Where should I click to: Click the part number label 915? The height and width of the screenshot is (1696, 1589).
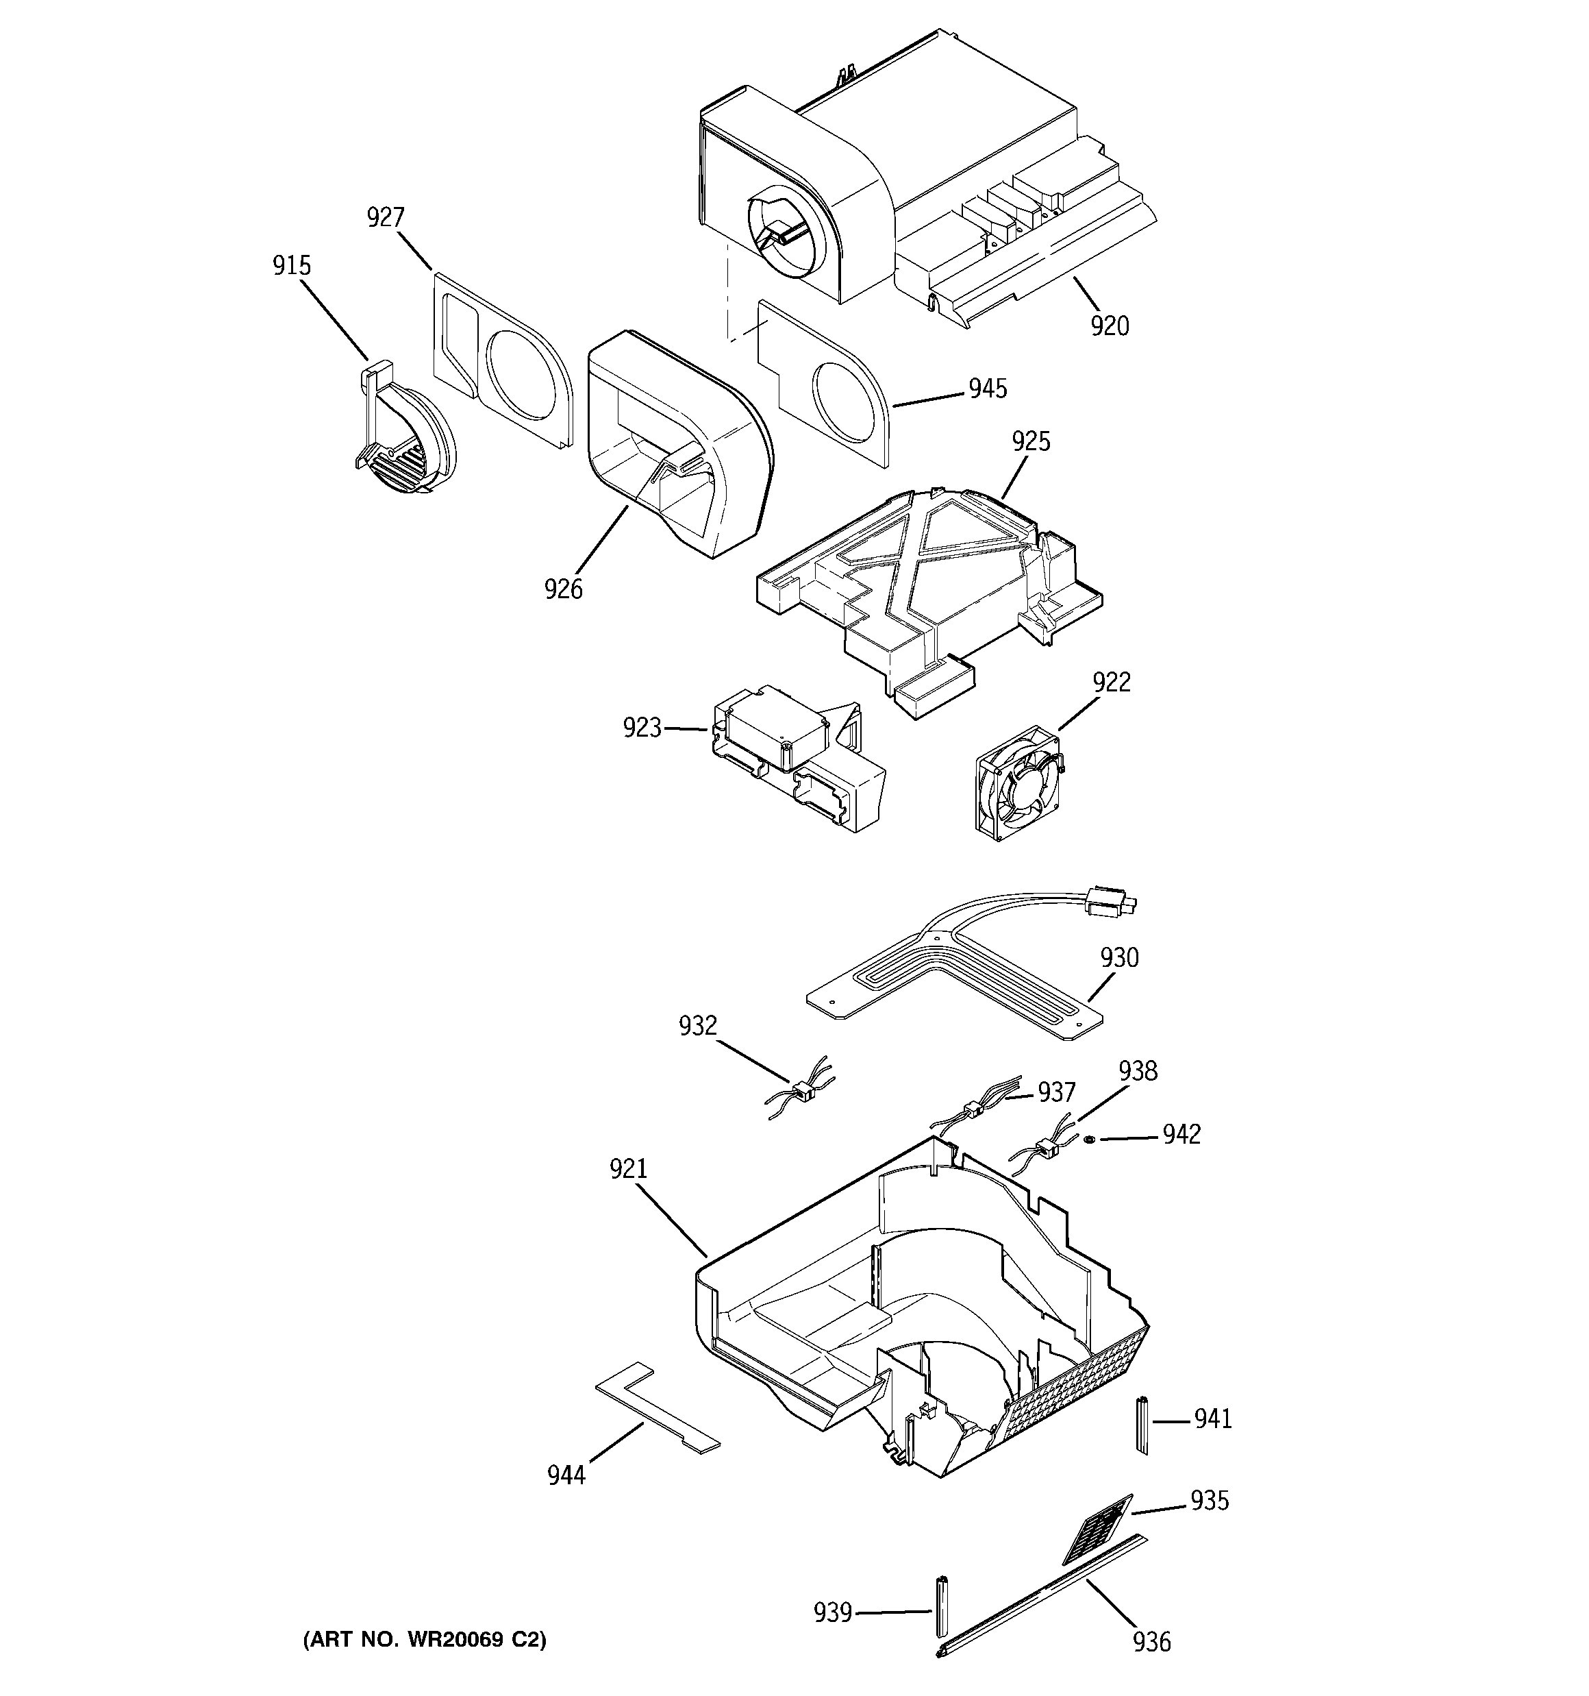pos(292,266)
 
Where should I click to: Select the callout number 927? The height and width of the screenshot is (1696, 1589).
pos(385,219)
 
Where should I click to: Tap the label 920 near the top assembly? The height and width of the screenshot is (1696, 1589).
pos(1110,326)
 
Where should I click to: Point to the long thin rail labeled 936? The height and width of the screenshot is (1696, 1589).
pos(1040,1595)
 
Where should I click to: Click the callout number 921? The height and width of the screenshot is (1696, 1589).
pos(628,1169)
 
